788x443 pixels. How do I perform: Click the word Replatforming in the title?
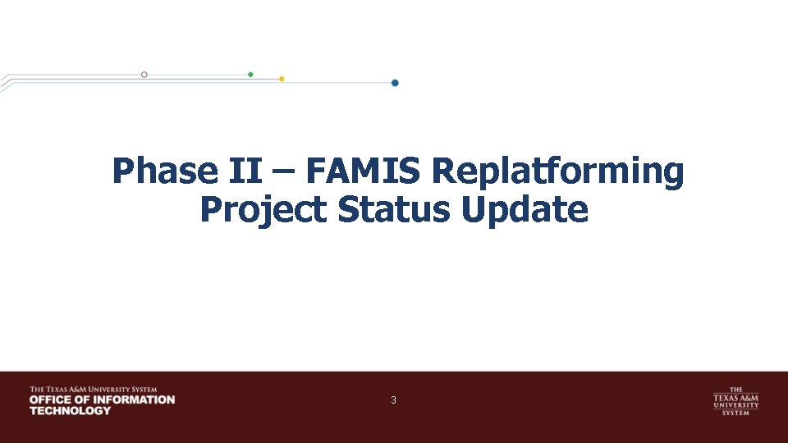point(557,171)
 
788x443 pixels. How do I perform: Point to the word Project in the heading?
point(263,210)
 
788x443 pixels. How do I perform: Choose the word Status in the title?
point(393,210)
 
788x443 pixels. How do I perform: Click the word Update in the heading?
point(525,210)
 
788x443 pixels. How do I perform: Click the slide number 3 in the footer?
point(394,400)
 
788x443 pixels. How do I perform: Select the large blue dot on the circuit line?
point(395,83)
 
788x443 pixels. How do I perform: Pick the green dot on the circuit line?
point(250,74)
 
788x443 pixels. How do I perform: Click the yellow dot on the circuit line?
point(282,79)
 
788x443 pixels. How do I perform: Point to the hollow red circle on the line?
point(144,74)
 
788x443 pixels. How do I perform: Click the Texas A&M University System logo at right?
point(735,400)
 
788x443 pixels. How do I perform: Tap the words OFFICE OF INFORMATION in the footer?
point(102,400)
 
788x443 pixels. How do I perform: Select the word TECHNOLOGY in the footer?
point(70,410)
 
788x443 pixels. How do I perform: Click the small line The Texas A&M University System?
point(93,389)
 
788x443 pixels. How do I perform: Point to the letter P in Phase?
point(124,171)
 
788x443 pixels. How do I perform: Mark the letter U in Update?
point(475,210)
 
